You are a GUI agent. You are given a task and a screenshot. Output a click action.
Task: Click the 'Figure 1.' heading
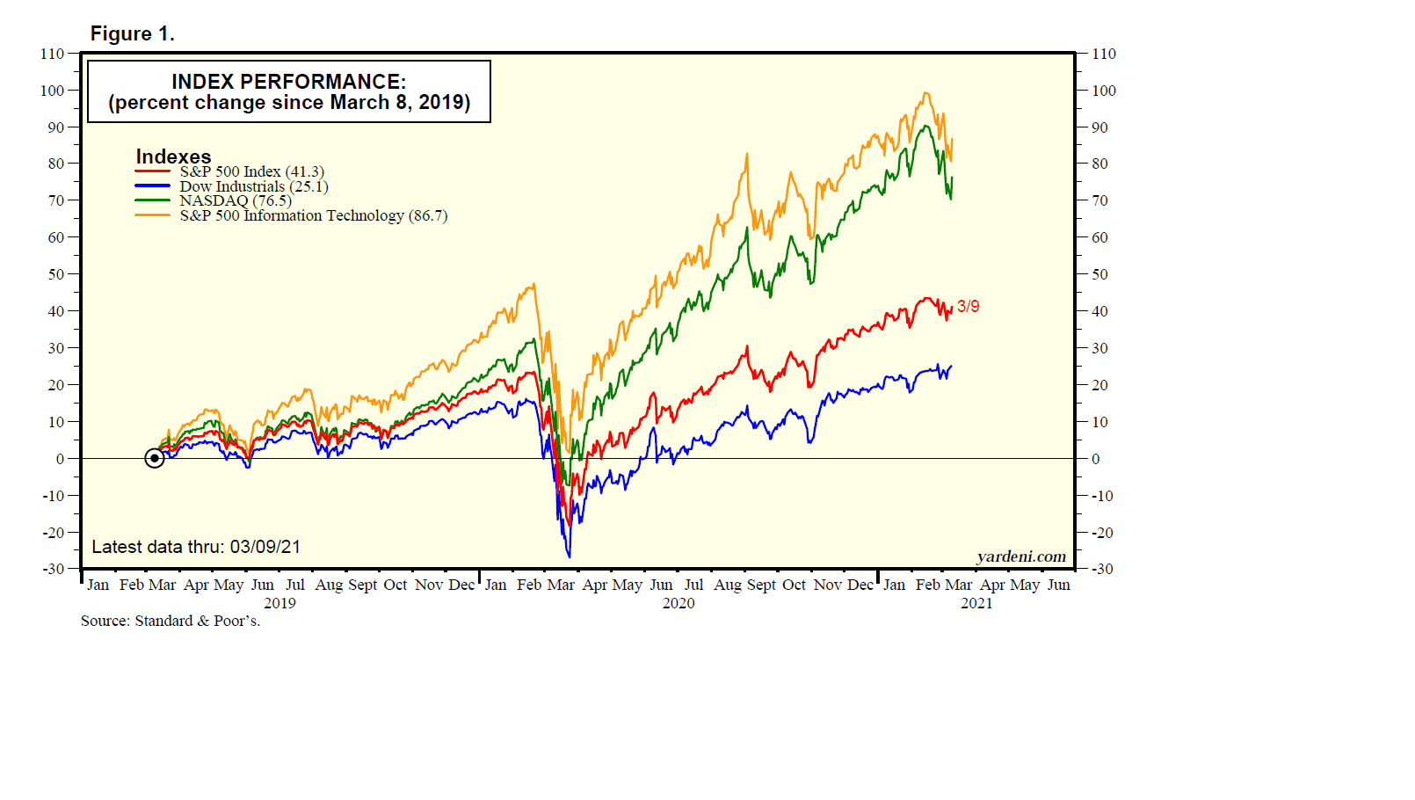(x=133, y=33)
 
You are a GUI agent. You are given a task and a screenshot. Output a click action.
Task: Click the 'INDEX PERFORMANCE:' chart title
(x=288, y=82)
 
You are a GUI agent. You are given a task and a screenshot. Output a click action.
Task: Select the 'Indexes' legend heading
(x=173, y=156)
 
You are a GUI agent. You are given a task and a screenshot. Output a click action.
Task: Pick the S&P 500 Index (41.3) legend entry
(x=251, y=171)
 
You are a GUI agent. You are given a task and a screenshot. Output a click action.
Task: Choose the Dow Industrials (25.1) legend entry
(x=253, y=186)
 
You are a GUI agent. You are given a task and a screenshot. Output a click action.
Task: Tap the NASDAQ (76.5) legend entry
(x=235, y=200)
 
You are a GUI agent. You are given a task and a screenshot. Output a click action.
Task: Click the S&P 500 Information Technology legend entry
(x=313, y=215)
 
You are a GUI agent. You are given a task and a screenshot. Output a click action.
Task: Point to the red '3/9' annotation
(x=968, y=306)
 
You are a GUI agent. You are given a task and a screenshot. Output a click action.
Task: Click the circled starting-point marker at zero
(x=155, y=458)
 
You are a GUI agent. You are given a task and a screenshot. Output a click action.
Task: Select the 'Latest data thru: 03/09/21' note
(x=196, y=547)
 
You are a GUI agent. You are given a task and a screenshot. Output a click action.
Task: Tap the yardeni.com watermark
(x=1020, y=556)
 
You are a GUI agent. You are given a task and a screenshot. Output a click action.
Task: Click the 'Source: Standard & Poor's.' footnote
(x=171, y=621)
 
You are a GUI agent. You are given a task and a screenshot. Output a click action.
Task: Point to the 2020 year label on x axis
(x=678, y=603)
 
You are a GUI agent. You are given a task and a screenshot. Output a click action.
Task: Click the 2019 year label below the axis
(x=279, y=603)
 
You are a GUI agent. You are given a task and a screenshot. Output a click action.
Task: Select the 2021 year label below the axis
(x=976, y=603)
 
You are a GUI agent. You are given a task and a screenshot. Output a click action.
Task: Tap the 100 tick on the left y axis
(x=52, y=91)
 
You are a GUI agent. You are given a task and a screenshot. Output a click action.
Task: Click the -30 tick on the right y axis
(x=1102, y=569)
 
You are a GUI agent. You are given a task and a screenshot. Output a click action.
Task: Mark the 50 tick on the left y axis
(x=55, y=274)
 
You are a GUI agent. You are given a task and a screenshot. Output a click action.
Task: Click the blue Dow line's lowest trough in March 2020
(x=569, y=556)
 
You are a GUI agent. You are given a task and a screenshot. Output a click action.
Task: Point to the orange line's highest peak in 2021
(x=925, y=93)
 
